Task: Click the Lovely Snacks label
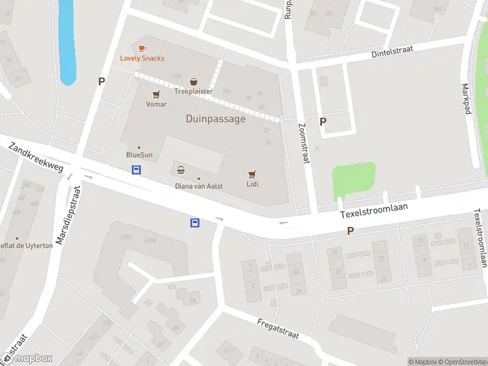(142, 59)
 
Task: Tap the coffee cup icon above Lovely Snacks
(142, 48)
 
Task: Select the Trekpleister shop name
(193, 91)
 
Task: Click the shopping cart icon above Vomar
(156, 95)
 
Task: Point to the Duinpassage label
(215, 119)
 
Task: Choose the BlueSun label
(139, 155)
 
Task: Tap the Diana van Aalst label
(198, 186)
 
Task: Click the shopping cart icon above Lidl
(252, 174)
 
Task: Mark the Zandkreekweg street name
(36, 157)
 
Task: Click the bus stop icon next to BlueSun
(137, 170)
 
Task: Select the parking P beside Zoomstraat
(323, 121)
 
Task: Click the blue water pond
(67, 43)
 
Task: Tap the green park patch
(354, 180)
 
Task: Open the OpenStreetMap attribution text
(460, 362)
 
